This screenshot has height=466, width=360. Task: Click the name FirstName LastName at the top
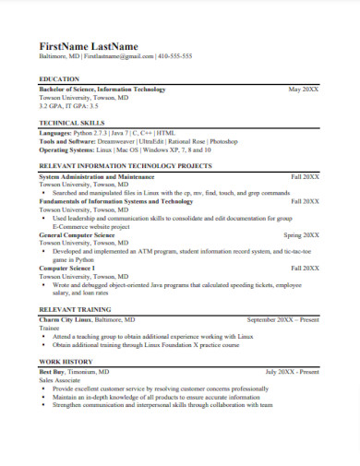88,45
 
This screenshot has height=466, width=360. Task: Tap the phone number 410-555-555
174,56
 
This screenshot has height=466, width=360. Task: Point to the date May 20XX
304,90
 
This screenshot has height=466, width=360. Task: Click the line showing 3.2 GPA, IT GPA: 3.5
69,106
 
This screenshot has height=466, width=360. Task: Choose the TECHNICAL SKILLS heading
73,123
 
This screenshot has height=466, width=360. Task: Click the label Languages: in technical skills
55,133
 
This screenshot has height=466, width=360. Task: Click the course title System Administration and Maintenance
97,174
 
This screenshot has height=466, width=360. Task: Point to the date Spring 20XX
300,235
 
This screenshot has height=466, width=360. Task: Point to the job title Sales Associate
61,379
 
